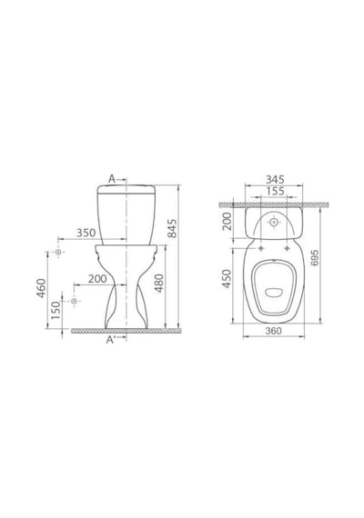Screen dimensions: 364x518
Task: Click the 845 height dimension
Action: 172,228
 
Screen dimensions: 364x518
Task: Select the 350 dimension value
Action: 86,233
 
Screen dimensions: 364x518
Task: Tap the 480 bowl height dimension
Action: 159,284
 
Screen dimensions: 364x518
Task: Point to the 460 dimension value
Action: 42,288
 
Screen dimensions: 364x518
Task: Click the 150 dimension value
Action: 56,310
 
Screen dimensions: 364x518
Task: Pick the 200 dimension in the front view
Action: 97,279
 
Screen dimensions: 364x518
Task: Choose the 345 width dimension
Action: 275,179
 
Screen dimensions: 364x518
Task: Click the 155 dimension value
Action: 275,191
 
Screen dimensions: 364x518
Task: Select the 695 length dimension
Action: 315,257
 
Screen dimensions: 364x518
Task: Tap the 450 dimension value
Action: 227,278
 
